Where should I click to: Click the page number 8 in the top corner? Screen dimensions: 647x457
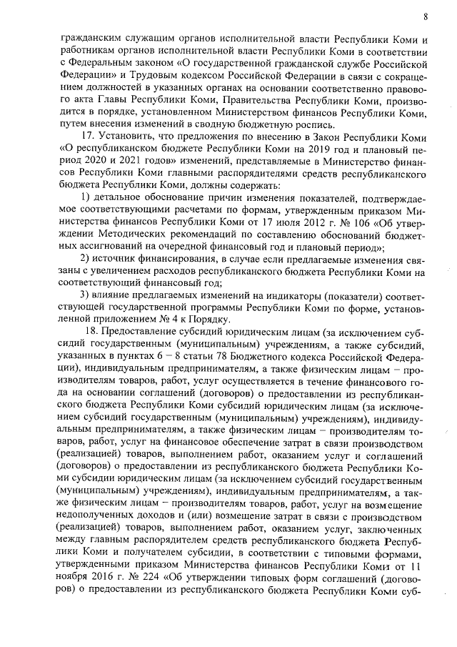[425, 15]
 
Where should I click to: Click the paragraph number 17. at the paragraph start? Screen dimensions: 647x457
[92, 135]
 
